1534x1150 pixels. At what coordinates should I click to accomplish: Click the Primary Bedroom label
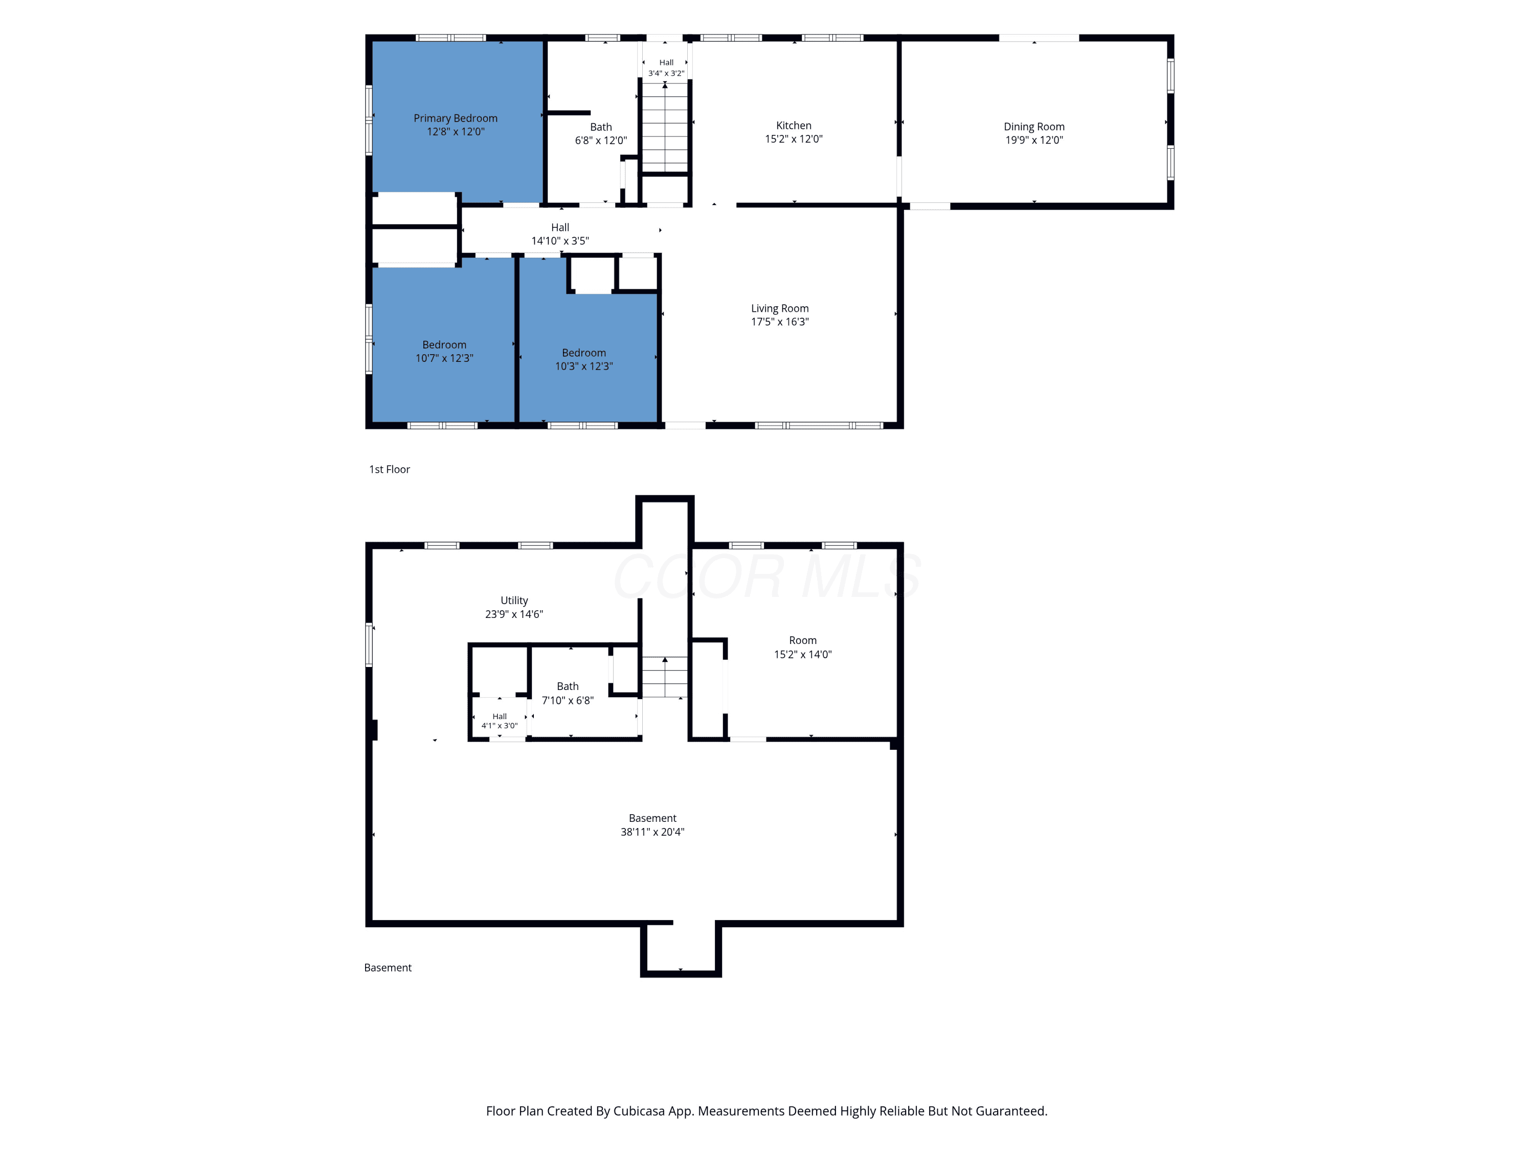(x=455, y=119)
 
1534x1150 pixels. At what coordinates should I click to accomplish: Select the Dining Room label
(x=1034, y=126)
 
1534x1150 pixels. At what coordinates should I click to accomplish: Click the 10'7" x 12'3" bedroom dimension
(x=444, y=358)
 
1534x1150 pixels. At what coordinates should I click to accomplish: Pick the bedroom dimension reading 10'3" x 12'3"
(x=583, y=366)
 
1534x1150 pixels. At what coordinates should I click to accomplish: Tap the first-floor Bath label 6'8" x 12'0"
(x=601, y=134)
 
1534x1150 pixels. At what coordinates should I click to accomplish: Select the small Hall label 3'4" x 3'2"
(x=666, y=67)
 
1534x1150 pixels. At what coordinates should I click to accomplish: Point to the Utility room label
(x=514, y=601)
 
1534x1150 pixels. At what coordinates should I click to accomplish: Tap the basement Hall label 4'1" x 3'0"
(x=499, y=721)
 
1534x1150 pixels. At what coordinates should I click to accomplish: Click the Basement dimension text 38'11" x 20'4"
(x=652, y=832)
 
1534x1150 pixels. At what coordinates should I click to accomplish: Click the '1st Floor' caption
(x=389, y=469)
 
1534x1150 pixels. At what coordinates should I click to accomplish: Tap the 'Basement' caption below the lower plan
(x=388, y=968)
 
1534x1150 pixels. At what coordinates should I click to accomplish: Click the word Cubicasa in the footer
(x=639, y=1111)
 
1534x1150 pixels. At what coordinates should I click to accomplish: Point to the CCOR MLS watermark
(x=767, y=577)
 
